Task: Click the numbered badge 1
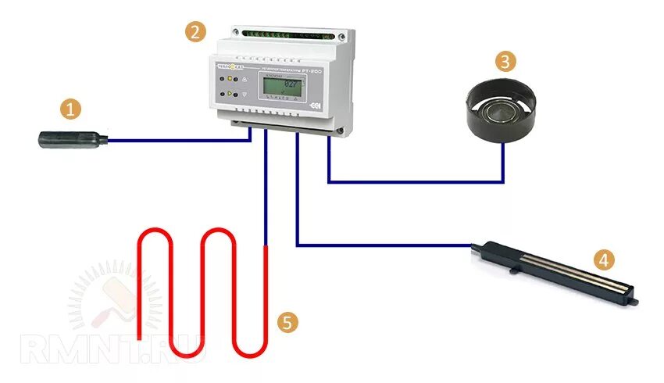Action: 72,110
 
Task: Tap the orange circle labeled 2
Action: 195,32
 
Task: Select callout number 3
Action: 506,62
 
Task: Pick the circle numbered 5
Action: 287,321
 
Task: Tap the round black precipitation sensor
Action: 502,116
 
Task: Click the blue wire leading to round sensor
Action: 414,183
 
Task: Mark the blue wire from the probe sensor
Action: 180,141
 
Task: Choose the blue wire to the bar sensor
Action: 383,245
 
